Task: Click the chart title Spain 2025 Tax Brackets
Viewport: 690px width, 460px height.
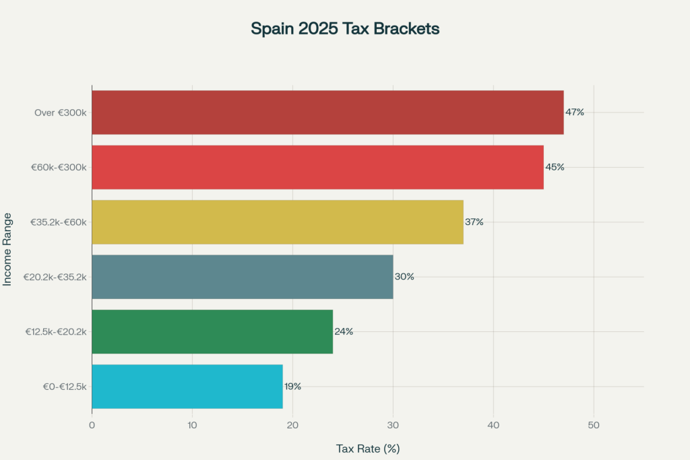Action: tap(345, 29)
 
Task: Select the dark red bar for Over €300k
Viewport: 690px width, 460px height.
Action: tap(327, 112)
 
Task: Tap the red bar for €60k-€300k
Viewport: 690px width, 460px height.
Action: tap(317, 167)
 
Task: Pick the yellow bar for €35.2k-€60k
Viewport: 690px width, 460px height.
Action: tap(278, 222)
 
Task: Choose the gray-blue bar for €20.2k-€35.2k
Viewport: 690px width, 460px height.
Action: tap(243, 277)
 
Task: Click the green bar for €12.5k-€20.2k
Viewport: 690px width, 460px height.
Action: tap(212, 331)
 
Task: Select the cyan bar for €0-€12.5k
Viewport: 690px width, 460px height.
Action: tap(187, 386)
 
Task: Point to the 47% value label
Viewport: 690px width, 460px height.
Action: tap(575, 112)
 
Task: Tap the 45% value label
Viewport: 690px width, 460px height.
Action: tap(555, 167)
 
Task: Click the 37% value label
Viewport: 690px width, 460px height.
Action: tap(474, 222)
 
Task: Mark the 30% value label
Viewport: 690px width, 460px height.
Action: tap(404, 277)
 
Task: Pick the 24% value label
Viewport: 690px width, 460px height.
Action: tap(344, 331)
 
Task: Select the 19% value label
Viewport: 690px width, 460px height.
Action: tap(292, 387)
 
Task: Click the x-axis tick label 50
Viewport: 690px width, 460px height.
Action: tap(594, 425)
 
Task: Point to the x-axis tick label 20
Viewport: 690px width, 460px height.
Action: tap(292, 425)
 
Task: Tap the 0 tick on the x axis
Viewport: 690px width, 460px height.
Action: tap(92, 425)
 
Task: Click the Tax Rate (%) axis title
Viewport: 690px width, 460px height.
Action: tap(368, 448)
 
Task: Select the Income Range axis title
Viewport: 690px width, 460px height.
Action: tap(7, 249)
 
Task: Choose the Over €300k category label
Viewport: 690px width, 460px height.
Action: tap(61, 112)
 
